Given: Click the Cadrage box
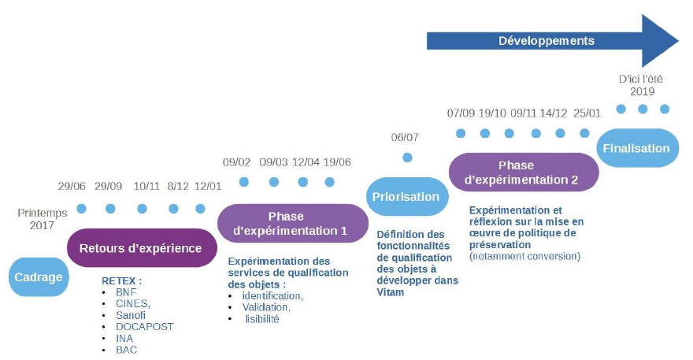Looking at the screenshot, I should click(x=38, y=276).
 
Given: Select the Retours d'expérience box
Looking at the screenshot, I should click(x=140, y=248).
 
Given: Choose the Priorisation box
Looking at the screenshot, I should click(x=406, y=197).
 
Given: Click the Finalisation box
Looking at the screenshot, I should click(x=636, y=148).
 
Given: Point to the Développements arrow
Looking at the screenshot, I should click(x=551, y=40).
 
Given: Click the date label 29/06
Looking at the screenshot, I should click(x=72, y=187).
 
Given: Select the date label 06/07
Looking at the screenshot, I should click(x=405, y=137).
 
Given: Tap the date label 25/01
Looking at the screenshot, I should click(x=587, y=113).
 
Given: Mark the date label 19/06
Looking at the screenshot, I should click(x=336, y=162).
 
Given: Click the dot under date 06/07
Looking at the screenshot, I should click(x=407, y=158).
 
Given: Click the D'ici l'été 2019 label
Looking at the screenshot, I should click(x=642, y=85).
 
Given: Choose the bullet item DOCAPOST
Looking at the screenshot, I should click(x=144, y=326).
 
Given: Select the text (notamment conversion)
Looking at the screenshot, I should click(x=524, y=256).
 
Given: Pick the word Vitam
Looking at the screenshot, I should click(x=391, y=292).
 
